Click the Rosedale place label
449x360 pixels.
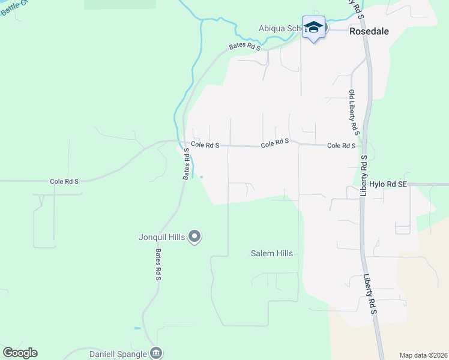point(370,32)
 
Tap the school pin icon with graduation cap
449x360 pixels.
point(313,28)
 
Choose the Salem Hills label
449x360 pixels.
point(271,254)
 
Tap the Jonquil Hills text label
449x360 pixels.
point(162,237)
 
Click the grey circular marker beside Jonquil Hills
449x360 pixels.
point(194,237)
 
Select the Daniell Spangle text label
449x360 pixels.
point(118,353)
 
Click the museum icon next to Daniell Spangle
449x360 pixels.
point(156,353)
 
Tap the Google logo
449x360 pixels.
point(20,353)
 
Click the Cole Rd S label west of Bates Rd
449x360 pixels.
point(64,181)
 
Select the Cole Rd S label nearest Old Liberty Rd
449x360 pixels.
point(341,146)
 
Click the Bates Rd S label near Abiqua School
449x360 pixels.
point(244,47)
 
